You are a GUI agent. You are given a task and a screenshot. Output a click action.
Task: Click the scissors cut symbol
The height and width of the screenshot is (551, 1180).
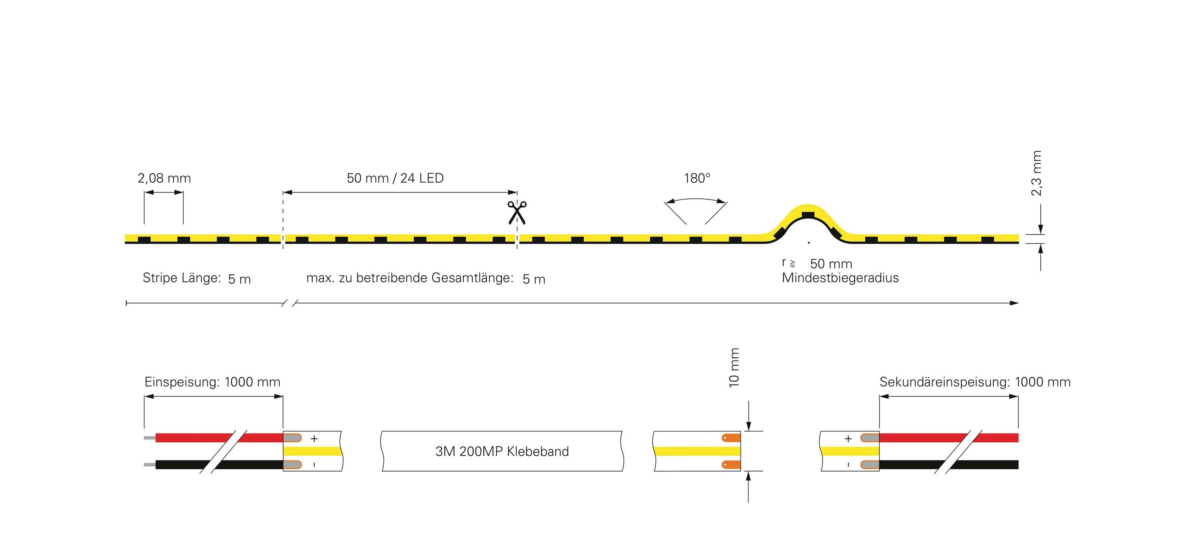(517, 213)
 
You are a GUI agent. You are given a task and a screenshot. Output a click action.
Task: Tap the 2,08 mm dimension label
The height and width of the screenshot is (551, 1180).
(164, 178)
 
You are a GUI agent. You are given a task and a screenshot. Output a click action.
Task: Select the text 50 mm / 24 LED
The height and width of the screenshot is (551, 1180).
(395, 178)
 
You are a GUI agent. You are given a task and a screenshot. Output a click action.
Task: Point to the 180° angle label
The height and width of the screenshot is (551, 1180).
(697, 178)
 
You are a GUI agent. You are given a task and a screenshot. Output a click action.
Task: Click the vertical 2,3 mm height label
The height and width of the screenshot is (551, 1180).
(1036, 173)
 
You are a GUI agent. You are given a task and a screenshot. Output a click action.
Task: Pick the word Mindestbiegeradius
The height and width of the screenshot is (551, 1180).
(840, 278)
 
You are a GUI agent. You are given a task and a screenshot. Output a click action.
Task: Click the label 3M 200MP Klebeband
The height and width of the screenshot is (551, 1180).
(502, 451)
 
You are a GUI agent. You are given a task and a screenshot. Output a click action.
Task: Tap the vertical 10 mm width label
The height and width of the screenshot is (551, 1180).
(734, 368)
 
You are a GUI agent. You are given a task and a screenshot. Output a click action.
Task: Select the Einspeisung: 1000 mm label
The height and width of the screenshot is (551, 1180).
(212, 382)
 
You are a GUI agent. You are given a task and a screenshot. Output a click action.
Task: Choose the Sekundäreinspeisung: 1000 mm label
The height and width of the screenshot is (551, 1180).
(975, 382)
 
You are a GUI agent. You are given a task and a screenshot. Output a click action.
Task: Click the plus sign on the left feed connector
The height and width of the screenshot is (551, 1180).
(314, 439)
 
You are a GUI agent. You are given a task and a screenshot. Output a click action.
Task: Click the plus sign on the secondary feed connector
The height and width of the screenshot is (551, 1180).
(848, 439)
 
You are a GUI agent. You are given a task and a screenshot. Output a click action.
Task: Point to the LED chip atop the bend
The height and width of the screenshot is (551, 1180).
(808, 215)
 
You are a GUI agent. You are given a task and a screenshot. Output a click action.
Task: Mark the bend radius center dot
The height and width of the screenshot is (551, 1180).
(809, 242)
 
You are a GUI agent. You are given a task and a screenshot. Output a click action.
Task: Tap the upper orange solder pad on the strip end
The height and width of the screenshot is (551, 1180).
(731, 438)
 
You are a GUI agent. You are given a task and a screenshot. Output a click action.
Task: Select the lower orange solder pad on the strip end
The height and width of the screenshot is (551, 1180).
(731, 465)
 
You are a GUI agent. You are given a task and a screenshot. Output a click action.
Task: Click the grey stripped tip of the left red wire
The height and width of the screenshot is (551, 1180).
(149, 438)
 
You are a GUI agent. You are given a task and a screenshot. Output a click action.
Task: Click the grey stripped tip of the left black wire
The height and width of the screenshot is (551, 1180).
(149, 465)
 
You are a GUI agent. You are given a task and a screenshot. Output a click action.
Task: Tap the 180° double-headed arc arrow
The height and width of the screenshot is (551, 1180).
(696, 200)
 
